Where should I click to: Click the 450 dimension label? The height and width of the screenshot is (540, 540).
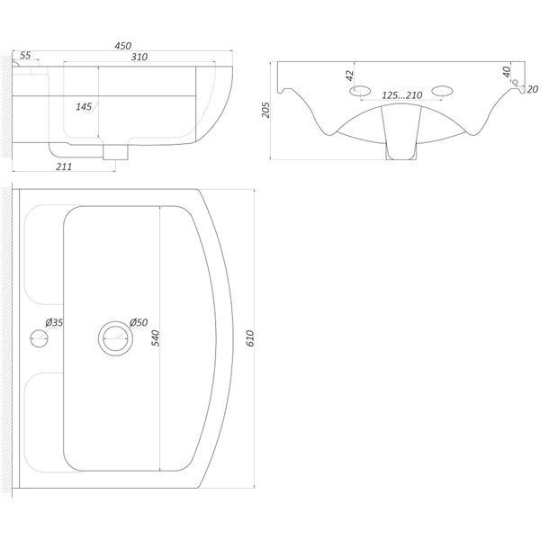123,46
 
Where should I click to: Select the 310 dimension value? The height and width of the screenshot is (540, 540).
139,57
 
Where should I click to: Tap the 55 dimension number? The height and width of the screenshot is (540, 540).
25,55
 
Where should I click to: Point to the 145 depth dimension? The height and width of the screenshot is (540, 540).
84,107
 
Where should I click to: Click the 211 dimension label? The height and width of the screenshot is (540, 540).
64,166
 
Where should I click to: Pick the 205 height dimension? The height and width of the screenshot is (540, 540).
265,110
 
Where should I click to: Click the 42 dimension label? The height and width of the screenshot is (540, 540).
349,76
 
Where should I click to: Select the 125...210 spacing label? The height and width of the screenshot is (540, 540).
402,95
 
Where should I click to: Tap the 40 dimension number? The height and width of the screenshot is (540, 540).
506,71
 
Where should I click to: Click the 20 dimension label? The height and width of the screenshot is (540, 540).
533,89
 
